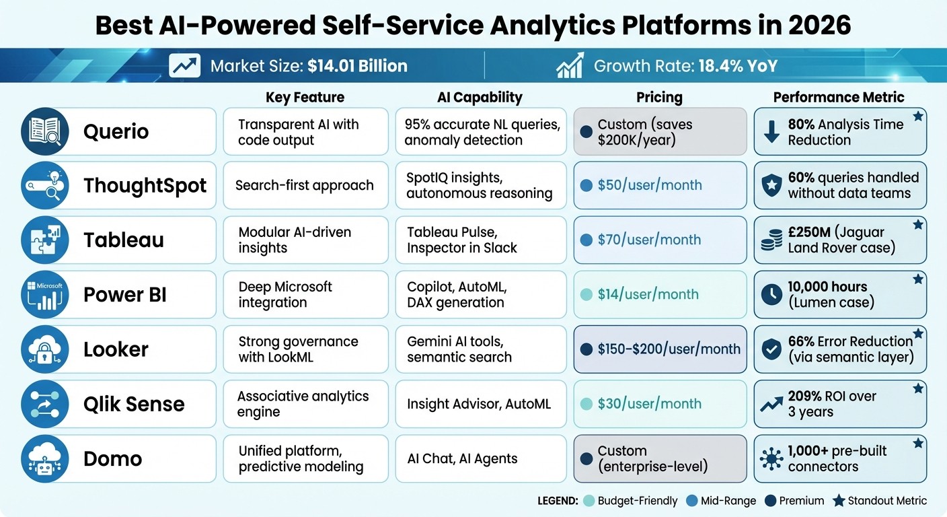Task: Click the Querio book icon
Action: point(45,131)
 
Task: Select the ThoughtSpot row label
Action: point(145,186)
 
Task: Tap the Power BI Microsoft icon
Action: point(45,295)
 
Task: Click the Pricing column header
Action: point(659,97)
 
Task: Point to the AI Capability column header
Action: point(480,97)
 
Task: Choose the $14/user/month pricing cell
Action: point(660,294)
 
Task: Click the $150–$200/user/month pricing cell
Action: point(660,349)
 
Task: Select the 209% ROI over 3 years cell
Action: point(839,404)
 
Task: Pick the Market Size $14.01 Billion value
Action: point(357,66)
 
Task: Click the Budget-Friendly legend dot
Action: point(590,501)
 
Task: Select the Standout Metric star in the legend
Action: point(838,501)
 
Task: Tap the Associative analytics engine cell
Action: point(305,404)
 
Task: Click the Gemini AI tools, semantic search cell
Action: point(480,349)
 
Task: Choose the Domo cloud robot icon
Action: point(45,459)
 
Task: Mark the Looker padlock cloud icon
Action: point(45,349)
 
